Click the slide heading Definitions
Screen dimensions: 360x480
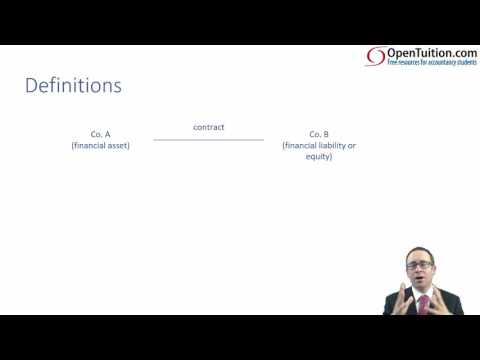coord(73,86)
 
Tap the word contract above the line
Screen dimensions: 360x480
coord(208,127)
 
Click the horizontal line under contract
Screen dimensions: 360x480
coord(208,139)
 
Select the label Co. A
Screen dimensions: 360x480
coord(100,134)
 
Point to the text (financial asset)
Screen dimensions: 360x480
coord(100,146)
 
